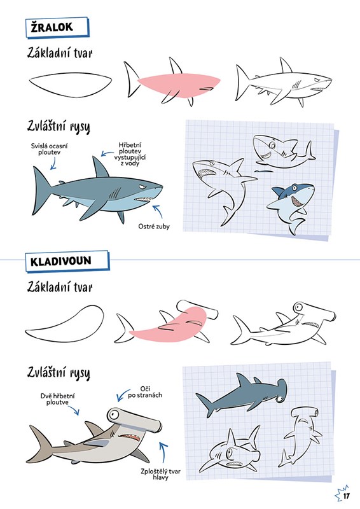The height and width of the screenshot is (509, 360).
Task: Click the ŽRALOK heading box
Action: click(57, 27)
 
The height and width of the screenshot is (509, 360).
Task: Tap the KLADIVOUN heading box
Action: click(67, 261)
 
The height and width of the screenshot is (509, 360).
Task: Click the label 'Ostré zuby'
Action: click(154, 227)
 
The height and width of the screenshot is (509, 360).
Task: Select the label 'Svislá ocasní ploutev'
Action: click(50, 149)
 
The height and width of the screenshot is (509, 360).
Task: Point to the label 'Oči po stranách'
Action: click(145, 392)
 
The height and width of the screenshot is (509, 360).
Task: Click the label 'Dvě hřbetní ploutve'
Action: click(57, 400)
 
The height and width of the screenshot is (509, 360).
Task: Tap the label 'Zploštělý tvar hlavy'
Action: click(160, 474)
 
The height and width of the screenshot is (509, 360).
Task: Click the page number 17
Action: click(347, 496)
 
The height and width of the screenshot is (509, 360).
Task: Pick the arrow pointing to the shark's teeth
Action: click(158, 211)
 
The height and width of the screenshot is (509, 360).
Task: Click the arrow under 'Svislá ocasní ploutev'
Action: click(53, 163)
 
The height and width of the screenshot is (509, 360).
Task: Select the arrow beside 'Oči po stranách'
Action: click(122, 396)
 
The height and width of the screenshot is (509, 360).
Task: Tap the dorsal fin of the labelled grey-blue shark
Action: click(100, 168)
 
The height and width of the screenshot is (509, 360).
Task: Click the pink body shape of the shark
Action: click(179, 86)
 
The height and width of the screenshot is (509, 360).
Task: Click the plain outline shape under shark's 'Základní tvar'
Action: click(70, 85)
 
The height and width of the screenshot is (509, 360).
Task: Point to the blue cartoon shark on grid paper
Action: click(291, 205)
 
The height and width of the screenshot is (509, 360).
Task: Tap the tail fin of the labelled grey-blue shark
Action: click(41, 190)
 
